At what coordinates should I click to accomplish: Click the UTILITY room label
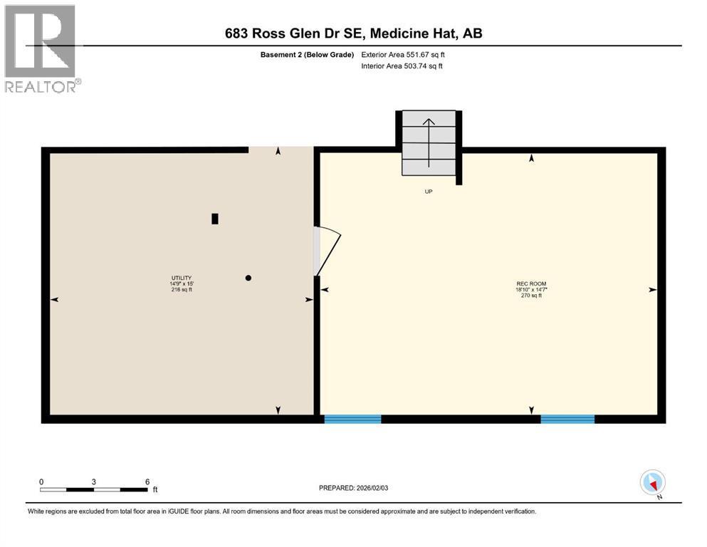(182, 278)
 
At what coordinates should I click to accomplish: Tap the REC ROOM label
(531, 283)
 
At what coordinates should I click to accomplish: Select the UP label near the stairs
(429, 192)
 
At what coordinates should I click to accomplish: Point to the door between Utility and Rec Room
(328, 251)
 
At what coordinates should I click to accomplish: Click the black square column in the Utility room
(215, 219)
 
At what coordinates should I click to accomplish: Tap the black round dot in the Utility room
(248, 278)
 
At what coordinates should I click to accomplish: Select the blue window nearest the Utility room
(352, 419)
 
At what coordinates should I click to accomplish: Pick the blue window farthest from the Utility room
(567, 419)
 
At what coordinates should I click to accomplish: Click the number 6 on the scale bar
(147, 481)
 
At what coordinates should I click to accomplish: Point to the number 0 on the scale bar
(41, 481)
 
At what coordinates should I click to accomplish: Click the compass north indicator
(652, 483)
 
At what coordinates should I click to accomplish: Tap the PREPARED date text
(353, 488)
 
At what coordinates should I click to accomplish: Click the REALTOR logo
(41, 48)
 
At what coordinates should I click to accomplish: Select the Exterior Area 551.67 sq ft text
(403, 55)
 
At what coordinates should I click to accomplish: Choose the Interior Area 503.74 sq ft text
(402, 66)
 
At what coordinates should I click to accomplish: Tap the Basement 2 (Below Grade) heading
(307, 55)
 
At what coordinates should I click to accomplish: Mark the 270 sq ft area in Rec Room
(531, 296)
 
